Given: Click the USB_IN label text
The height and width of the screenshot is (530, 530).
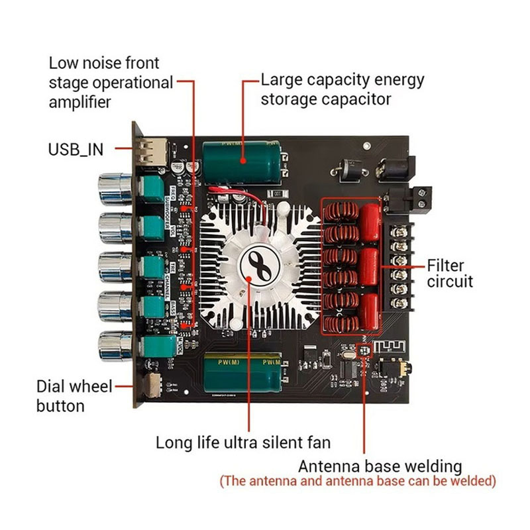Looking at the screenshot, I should tap(76, 149).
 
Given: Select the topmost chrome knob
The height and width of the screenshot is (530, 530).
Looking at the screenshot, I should tap(116, 188).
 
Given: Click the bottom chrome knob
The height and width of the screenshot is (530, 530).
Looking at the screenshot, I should tap(116, 344).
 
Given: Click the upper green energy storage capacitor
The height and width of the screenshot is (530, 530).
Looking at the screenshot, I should tap(242, 160).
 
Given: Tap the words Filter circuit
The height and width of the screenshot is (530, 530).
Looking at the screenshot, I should tap(450, 274).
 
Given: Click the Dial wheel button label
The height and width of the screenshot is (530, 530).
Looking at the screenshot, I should tap(74, 396).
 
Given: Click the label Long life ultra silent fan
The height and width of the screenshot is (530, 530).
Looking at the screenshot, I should tap(242, 442).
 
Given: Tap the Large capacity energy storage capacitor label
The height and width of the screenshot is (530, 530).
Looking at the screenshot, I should tap(343, 90).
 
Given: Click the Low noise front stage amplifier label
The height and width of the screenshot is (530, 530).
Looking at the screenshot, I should tap(110, 83).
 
